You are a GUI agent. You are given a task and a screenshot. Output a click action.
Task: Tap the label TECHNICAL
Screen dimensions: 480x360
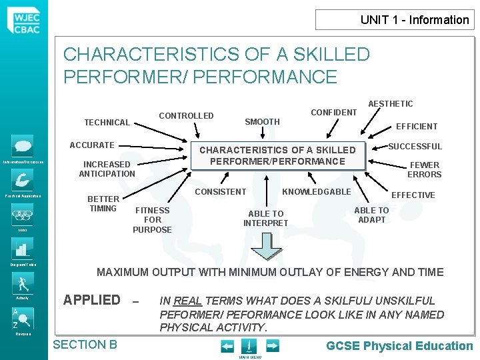pyautogui.click(x=107, y=123)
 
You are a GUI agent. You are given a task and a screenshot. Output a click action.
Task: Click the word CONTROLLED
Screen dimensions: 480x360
pyautogui.click(x=186, y=116)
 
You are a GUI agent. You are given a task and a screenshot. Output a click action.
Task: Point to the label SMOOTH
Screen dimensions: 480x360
pyautogui.click(x=262, y=122)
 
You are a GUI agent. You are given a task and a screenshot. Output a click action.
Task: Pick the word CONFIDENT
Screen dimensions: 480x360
pyautogui.click(x=333, y=112)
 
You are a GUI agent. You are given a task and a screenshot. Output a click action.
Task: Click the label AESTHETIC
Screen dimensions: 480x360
pyautogui.click(x=391, y=103)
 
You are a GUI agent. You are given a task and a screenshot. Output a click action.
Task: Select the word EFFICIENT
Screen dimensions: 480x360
pyautogui.click(x=417, y=126)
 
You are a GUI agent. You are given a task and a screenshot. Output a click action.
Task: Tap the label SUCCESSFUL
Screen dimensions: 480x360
pyautogui.click(x=415, y=147)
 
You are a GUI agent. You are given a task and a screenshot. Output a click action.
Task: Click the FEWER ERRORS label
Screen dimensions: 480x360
pyautogui.click(x=424, y=170)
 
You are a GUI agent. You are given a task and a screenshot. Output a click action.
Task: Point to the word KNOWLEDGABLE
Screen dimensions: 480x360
pyautogui.click(x=317, y=192)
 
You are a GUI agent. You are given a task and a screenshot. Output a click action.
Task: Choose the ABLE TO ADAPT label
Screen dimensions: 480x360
pyautogui.click(x=372, y=215)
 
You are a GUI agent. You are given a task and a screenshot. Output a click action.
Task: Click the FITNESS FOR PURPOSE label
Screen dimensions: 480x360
pyautogui.click(x=152, y=220)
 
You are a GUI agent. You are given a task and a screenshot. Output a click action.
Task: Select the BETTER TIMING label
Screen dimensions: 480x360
pyautogui.click(x=103, y=203)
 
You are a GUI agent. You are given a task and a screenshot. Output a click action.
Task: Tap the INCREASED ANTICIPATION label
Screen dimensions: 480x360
pyautogui.click(x=107, y=169)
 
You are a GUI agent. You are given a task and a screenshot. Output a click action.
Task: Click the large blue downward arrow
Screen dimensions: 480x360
pyautogui.click(x=266, y=246)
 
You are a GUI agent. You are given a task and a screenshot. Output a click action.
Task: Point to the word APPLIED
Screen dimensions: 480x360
pyautogui.click(x=92, y=300)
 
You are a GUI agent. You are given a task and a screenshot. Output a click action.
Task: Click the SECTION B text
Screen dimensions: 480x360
pyautogui.click(x=85, y=345)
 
